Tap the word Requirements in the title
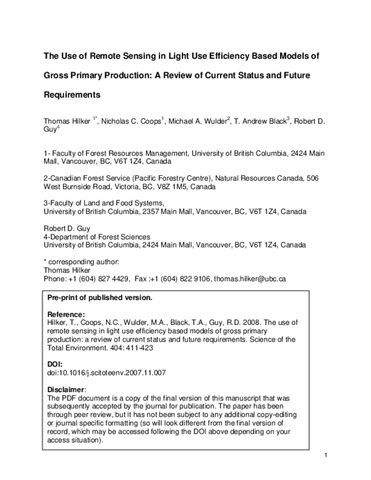pos(71,96)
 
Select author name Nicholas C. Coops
pos(133,119)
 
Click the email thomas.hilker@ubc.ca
pos(250,279)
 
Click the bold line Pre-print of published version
pos(100,298)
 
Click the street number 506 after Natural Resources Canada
pos(312,178)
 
